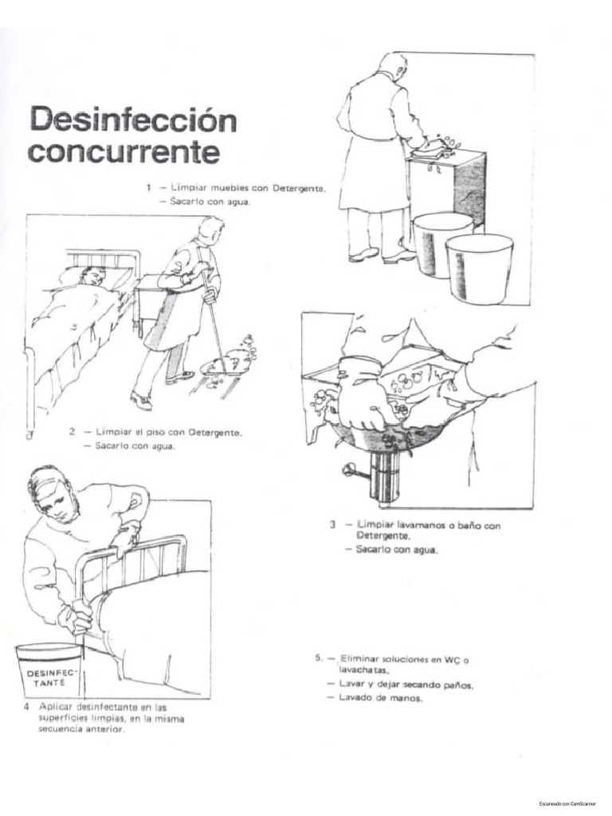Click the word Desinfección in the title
(x=133, y=121)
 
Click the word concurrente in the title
(x=124, y=152)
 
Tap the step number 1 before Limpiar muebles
(x=147, y=188)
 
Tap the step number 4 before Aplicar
(x=26, y=707)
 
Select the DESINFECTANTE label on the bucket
(x=49, y=677)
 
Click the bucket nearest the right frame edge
(x=479, y=268)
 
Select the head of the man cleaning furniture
(x=392, y=65)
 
